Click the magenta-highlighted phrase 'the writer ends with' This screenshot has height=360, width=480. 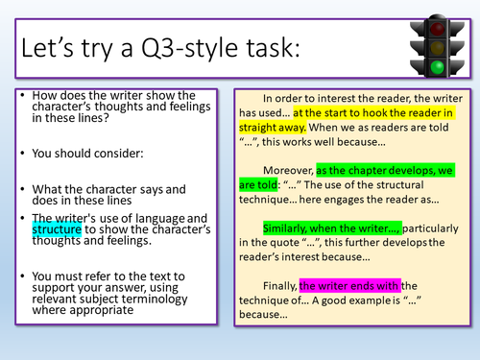(x=349, y=285)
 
